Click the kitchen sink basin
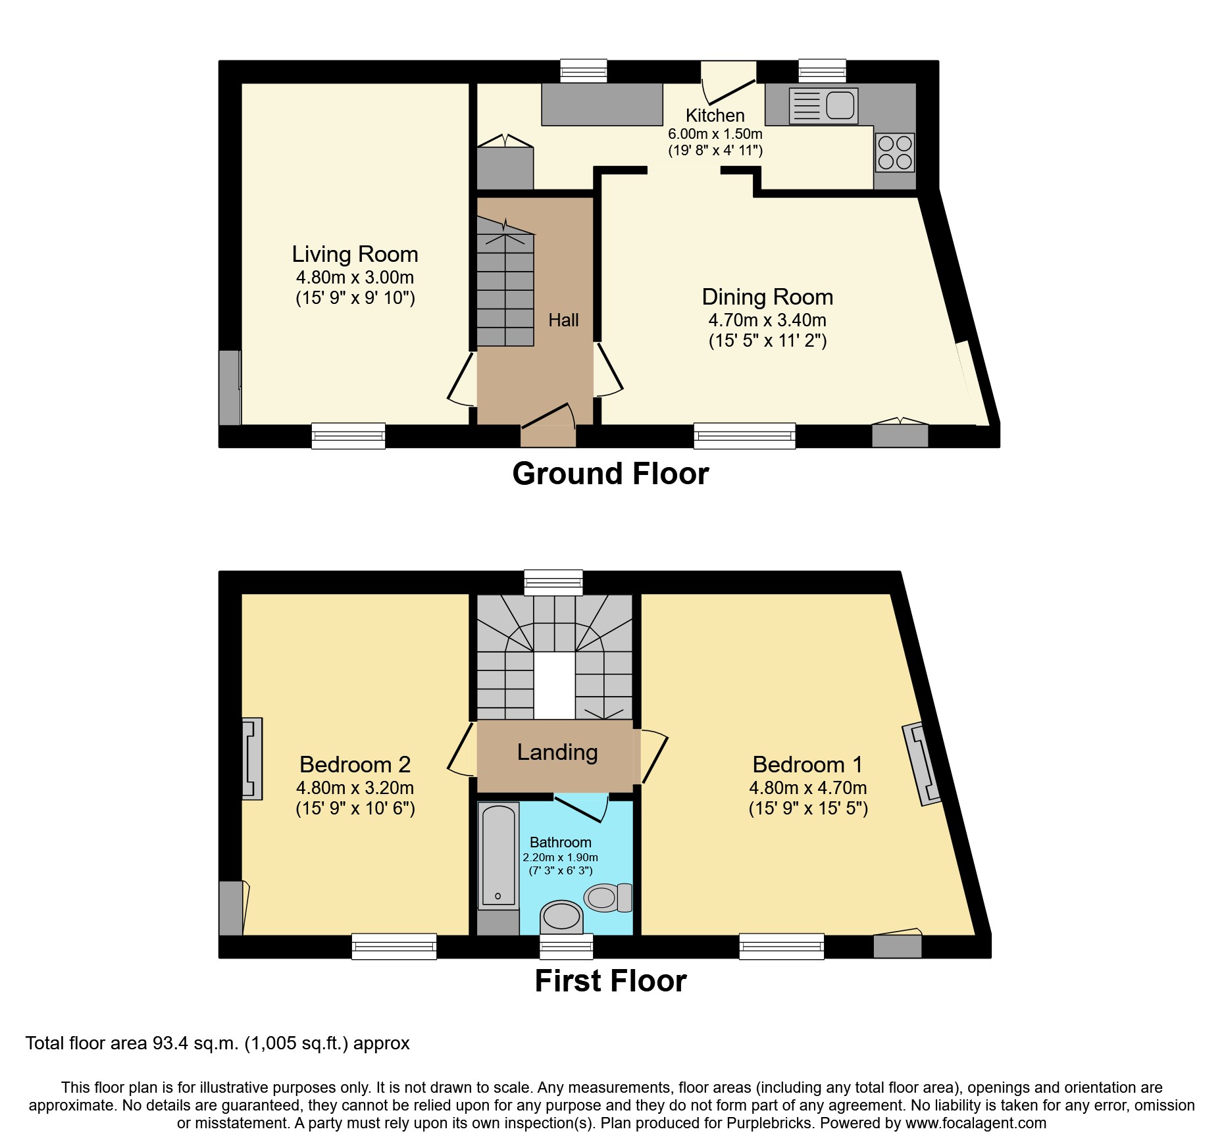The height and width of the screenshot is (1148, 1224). tap(840, 105)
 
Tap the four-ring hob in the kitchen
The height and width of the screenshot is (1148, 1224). tap(895, 152)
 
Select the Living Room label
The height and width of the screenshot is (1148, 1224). tap(355, 254)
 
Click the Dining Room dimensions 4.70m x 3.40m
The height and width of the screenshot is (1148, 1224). tap(767, 320)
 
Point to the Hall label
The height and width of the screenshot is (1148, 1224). tap(563, 320)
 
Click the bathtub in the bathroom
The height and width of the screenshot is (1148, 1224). tap(497, 855)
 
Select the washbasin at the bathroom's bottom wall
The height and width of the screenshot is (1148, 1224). tap(562, 916)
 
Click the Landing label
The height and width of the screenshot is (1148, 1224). tap(557, 752)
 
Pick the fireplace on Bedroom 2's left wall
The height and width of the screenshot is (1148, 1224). tap(251, 759)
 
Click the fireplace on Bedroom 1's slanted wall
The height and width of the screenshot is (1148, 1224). tap(921, 764)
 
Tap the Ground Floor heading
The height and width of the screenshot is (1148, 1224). tap(610, 474)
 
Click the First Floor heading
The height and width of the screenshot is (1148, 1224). tap(610, 981)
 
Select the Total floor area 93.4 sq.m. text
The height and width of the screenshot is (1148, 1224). tap(217, 1043)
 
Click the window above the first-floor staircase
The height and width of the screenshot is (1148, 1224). tap(553, 582)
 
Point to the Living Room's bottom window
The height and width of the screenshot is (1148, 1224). tap(348, 436)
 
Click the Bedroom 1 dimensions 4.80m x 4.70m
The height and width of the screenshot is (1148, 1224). tap(807, 788)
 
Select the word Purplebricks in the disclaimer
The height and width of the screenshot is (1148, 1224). tap(769, 1123)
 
